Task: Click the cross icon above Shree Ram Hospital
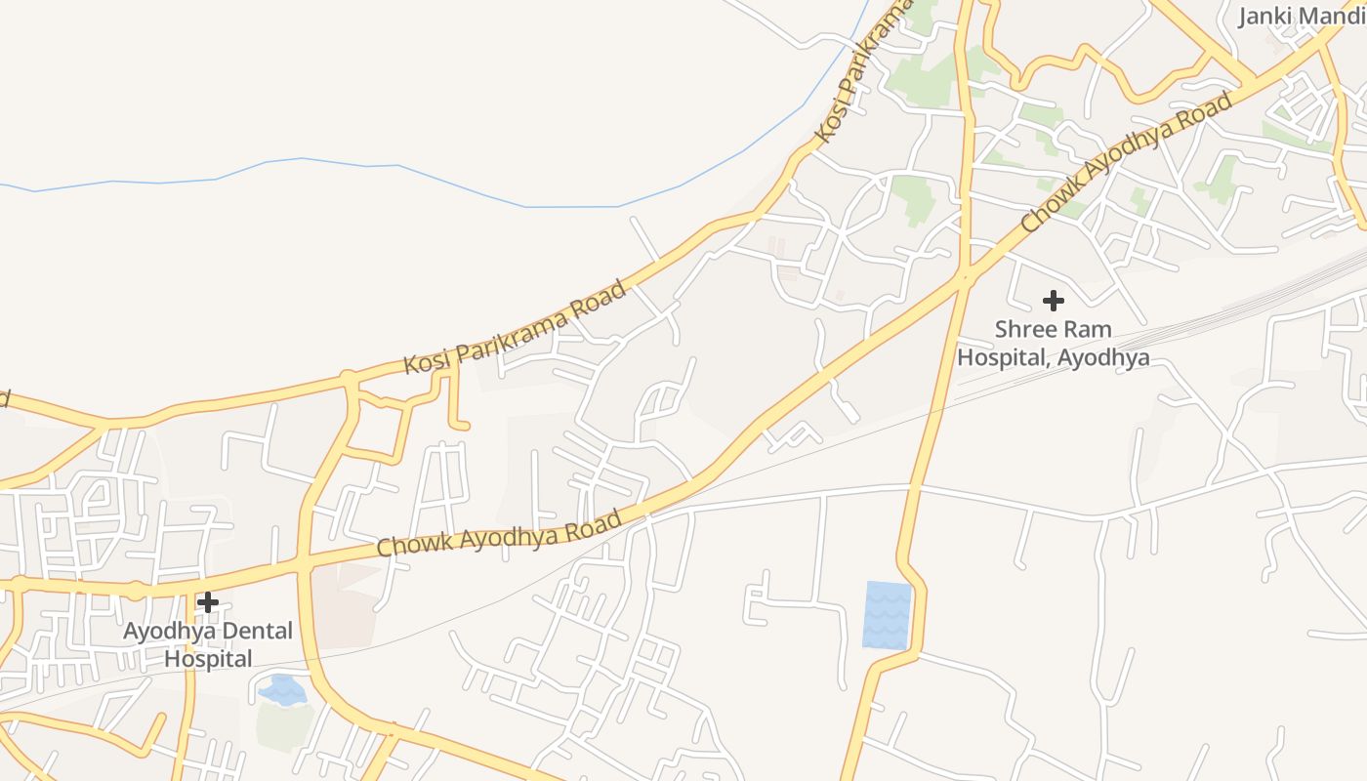point(1053,300)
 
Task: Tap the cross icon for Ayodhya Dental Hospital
point(207,601)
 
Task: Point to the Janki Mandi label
point(1302,17)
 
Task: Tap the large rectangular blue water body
point(887,615)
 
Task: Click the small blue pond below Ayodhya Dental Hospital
point(283,689)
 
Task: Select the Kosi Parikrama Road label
point(515,329)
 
